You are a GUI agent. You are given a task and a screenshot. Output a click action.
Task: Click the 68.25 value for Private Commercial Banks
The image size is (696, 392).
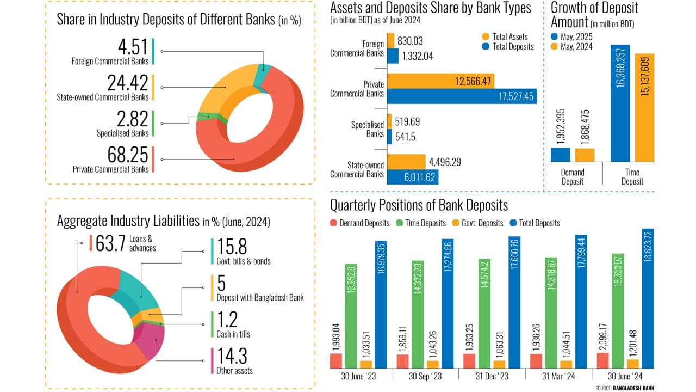click(128, 155)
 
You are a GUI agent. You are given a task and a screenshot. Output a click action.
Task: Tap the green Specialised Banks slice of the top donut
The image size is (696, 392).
click(204, 115)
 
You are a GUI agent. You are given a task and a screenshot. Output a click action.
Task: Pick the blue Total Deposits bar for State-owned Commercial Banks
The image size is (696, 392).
click(413, 177)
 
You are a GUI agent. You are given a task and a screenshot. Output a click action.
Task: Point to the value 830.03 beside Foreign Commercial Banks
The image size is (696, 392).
click(410, 41)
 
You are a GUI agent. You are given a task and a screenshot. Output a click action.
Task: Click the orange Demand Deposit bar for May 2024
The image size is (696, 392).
click(585, 155)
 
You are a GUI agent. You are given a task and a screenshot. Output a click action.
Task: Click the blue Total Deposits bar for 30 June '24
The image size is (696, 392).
click(647, 299)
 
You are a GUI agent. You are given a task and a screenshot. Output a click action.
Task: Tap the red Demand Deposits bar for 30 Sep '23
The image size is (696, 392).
click(402, 362)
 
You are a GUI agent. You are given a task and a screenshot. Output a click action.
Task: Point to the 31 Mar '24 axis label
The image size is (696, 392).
click(558, 376)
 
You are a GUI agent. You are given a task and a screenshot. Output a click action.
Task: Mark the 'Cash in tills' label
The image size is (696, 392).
click(233, 334)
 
